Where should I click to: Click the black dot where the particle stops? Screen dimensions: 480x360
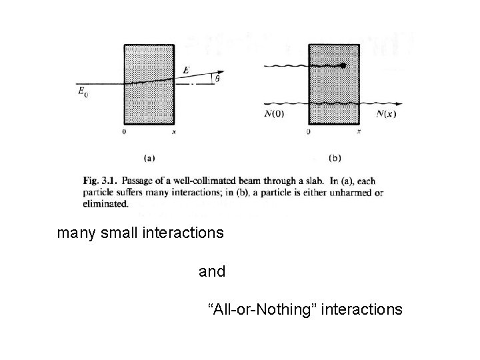[343, 66]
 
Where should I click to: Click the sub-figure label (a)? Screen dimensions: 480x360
[150, 158]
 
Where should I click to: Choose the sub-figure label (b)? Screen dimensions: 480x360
[334, 158]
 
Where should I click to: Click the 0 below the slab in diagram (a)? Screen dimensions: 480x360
[125, 133]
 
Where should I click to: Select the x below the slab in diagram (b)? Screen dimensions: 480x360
[359, 132]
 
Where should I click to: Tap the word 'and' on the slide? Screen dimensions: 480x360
[212, 272]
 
